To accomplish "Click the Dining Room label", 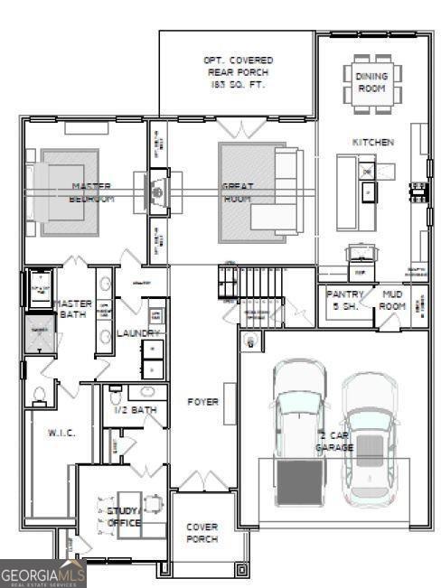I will [371, 82].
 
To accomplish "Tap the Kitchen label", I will [372, 143].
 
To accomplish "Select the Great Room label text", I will [238, 191].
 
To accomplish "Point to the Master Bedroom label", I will [92, 191].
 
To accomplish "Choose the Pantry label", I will [344, 300].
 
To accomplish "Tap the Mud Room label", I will [393, 300].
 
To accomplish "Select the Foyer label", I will [203, 401].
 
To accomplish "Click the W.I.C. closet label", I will [61, 433].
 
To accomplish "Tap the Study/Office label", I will [124, 517].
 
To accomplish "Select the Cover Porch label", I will [202, 533].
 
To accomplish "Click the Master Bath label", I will [71, 309].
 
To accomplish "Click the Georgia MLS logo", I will [42, 574].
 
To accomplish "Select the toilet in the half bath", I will [115, 396].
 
